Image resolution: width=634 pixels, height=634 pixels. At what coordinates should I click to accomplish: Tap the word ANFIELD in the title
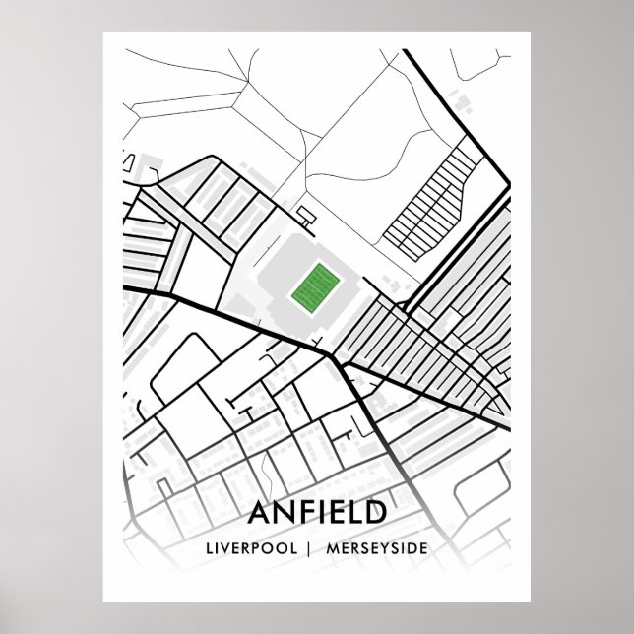(x=318, y=514)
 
